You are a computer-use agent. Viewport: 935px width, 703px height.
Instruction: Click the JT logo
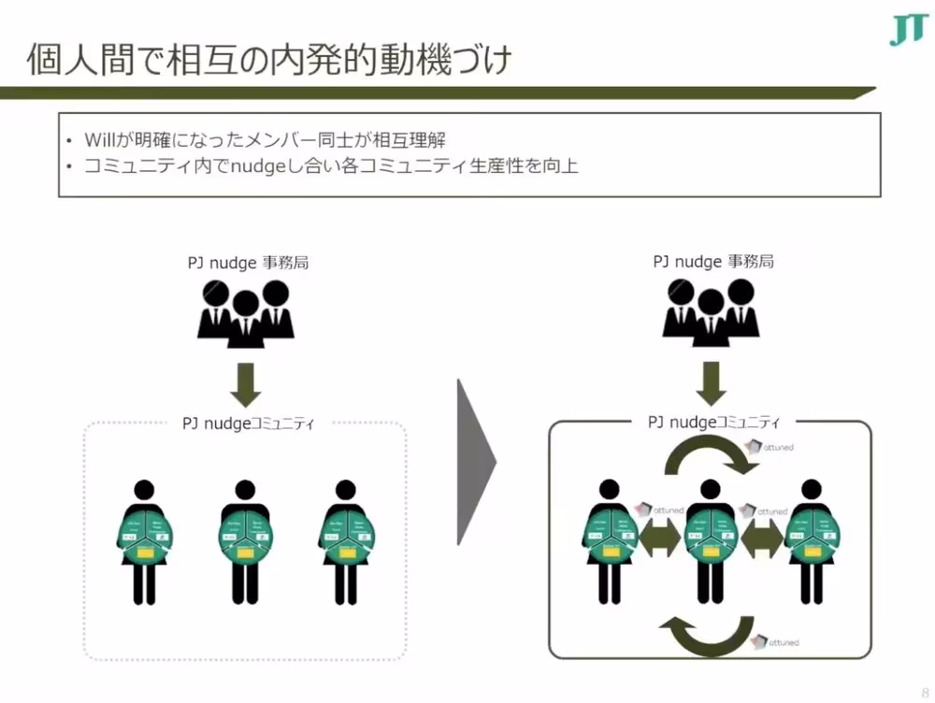point(906,31)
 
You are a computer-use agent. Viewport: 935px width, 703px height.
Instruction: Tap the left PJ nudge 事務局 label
point(247,263)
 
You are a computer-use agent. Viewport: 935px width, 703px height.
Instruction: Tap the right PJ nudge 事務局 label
point(712,263)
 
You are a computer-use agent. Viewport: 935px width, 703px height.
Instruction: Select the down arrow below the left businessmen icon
point(246,381)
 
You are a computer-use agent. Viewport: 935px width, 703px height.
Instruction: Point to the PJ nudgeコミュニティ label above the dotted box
point(248,424)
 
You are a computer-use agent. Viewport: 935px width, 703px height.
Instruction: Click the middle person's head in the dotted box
point(245,489)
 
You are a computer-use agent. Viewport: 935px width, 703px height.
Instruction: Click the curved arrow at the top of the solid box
point(709,457)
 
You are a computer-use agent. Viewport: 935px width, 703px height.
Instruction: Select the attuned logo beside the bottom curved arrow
point(775,643)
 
